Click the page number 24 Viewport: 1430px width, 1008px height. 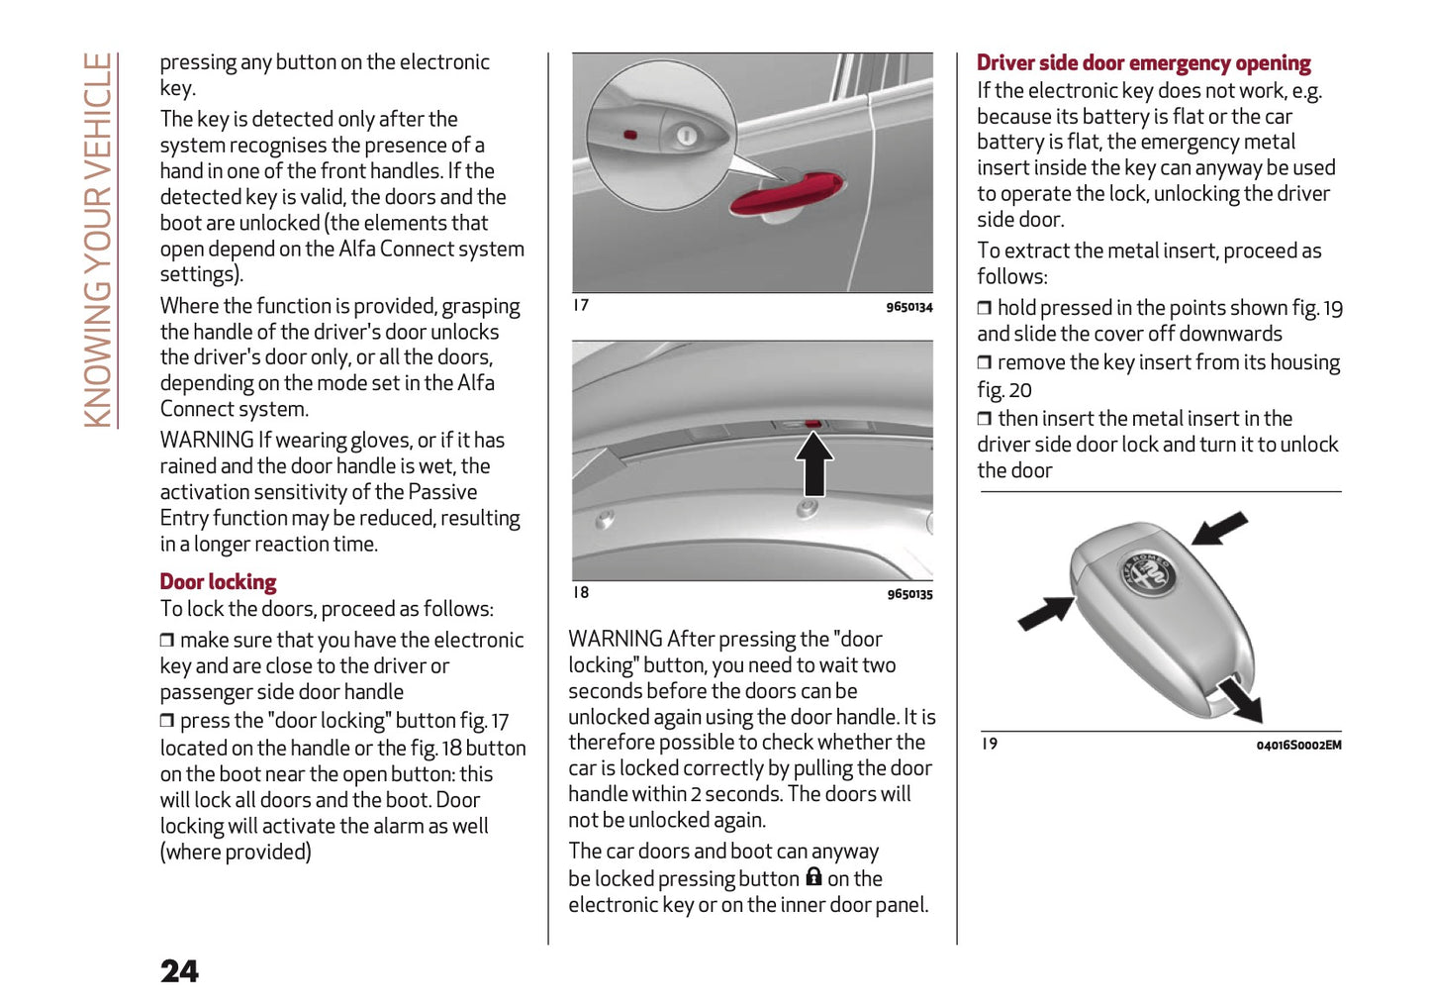pyautogui.click(x=179, y=971)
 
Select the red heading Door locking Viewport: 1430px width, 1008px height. pyautogui.click(x=218, y=582)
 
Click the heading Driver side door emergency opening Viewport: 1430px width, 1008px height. pyautogui.click(x=1143, y=63)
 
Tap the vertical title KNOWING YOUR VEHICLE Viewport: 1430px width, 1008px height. pyautogui.click(x=98, y=240)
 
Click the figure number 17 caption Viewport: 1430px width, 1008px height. pyautogui.click(x=581, y=305)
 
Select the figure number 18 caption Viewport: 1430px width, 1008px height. pyautogui.click(x=581, y=592)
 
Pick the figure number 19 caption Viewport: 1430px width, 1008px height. pyautogui.click(x=989, y=744)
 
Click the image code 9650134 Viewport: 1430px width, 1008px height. pyautogui.click(x=908, y=307)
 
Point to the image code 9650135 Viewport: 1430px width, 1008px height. pyautogui.click(x=908, y=594)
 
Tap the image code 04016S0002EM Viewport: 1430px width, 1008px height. pyautogui.click(x=1298, y=746)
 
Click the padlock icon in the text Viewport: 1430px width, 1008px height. pyautogui.click(x=813, y=877)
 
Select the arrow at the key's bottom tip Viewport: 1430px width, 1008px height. pyautogui.click(x=1241, y=700)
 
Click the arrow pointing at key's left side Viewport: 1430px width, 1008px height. pyautogui.click(x=1045, y=612)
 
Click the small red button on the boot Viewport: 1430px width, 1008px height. pyautogui.click(x=812, y=424)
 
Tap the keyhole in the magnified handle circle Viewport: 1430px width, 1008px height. pyautogui.click(x=686, y=136)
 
